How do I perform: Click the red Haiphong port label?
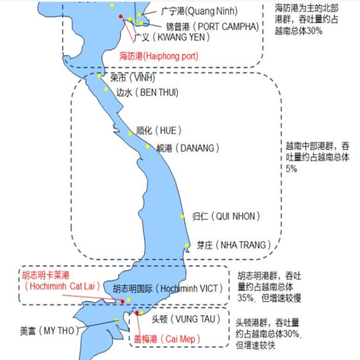[159, 56]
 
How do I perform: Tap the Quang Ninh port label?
[199, 11]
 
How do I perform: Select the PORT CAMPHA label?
[213, 27]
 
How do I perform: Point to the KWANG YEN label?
[172, 37]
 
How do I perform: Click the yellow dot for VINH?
[99, 76]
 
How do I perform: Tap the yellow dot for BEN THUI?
[106, 89]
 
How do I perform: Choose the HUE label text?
[159, 130]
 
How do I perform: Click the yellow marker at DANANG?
[147, 146]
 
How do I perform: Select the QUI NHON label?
[226, 216]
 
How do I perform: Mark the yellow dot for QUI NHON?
[182, 216]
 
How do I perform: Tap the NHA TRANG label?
[234, 245]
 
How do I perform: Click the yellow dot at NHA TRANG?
[187, 245]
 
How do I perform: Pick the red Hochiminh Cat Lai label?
[61, 281]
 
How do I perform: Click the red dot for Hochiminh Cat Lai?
[123, 302]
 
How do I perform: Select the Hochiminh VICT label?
[168, 289]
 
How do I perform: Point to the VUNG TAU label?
[186, 319]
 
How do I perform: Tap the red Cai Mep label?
[167, 339]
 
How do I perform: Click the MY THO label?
[50, 331]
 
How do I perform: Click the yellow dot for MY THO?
[117, 320]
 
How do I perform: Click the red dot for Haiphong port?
[120, 17]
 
